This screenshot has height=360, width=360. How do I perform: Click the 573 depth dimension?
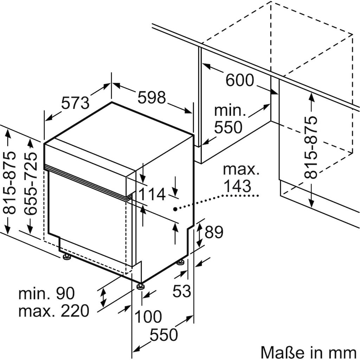coord(75,103)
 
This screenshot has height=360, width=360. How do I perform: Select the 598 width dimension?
coord(152,97)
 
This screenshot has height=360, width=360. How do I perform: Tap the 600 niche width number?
coord(240,80)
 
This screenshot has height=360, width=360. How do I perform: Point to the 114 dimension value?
coord(152,194)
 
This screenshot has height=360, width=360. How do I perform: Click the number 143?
coord(237,186)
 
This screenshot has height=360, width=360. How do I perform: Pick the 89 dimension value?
coord(214,232)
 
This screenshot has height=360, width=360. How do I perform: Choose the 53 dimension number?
coord(182,291)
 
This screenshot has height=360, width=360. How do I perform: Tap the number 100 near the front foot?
coord(148,317)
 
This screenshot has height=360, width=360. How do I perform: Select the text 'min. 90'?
coord(47,293)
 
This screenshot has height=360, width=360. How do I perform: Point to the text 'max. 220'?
coord(53,311)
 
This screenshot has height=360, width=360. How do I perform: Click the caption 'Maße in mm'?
coord(309,352)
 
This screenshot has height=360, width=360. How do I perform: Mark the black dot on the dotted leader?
coord(175,209)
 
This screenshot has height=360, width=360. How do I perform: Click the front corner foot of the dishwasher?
coord(140,286)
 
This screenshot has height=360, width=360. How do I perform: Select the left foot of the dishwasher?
coord(67,257)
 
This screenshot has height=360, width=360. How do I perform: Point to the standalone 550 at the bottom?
coord(164,335)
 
